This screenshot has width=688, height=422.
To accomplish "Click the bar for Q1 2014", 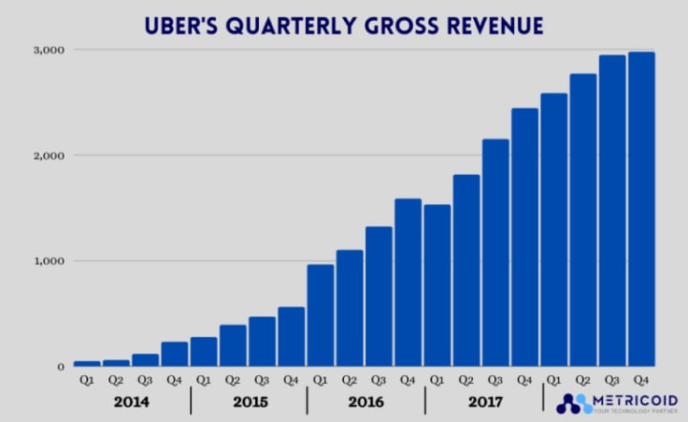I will tap(87, 364).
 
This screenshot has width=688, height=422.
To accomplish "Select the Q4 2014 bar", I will tap(175, 354).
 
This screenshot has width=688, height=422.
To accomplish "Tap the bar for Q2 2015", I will tap(233, 346).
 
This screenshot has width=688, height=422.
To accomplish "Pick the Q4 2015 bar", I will tap(291, 337).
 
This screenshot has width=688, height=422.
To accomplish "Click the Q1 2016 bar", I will tap(321, 316).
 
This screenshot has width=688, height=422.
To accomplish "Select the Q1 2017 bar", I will tap(438, 285).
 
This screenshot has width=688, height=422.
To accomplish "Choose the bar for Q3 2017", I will tap(496, 253).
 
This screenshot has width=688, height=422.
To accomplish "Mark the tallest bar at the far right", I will tap(641, 209).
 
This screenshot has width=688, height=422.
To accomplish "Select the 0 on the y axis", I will tap(59, 367).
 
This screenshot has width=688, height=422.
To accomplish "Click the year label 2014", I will tap(132, 401).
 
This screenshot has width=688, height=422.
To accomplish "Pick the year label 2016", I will tap(365, 401).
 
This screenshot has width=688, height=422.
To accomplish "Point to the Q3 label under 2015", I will tap(262, 379).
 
